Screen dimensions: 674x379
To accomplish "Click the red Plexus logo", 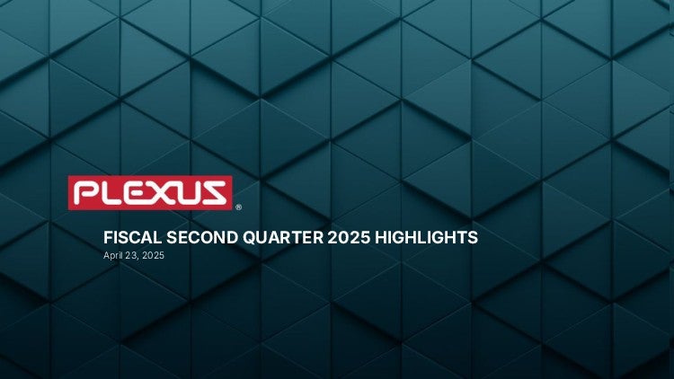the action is click(x=150, y=192).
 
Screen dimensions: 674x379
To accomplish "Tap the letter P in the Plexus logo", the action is click(x=86, y=192).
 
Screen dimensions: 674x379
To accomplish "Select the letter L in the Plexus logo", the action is click(x=113, y=192).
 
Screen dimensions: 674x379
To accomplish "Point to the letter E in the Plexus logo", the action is click(x=138, y=192).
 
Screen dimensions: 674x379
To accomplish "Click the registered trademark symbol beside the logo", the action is click(x=238, y=207).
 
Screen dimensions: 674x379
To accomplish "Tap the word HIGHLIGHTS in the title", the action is click(x=426, y=237).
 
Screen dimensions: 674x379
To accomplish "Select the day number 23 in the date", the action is click(x=129, y=255).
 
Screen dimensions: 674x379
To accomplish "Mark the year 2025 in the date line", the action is click(x=153, y=255).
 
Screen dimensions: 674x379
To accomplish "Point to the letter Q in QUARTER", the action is click(x=249, y=238).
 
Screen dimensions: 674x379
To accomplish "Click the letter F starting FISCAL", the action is click(x=108, y=237).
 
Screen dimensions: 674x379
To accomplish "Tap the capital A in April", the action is click(x=106, y=255).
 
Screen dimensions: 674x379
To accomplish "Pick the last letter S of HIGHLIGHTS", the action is click(x=473, y=237).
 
